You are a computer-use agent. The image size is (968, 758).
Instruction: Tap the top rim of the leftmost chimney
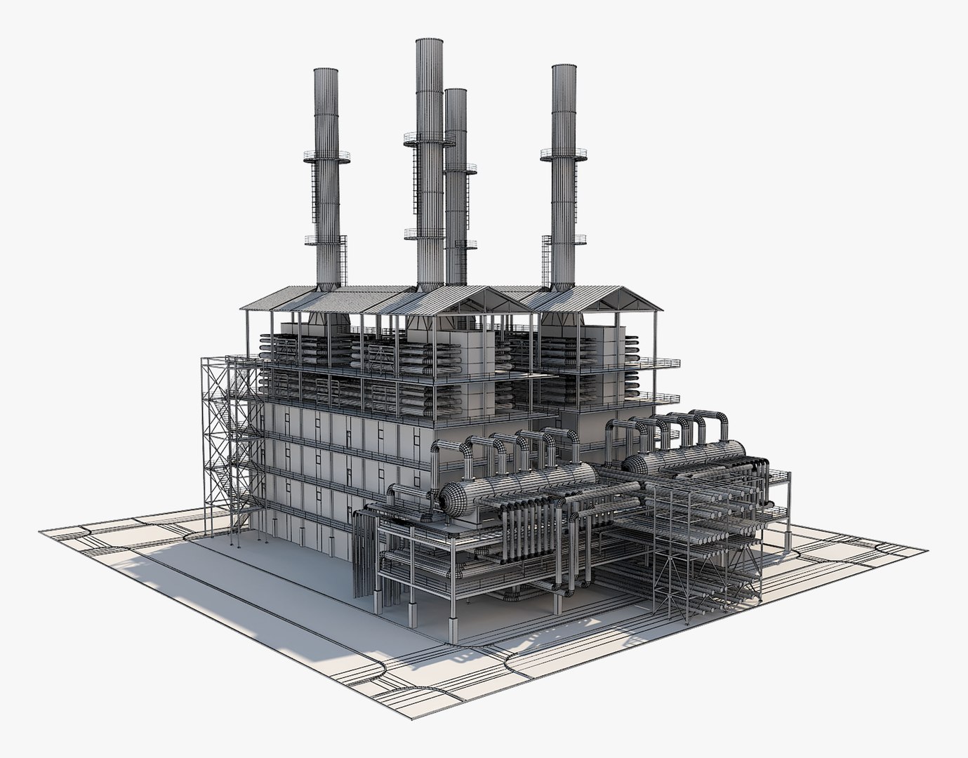pos(326,70)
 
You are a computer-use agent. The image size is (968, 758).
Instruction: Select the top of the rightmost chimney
pos(564,67)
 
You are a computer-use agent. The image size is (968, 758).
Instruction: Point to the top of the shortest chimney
pos(456,91)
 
